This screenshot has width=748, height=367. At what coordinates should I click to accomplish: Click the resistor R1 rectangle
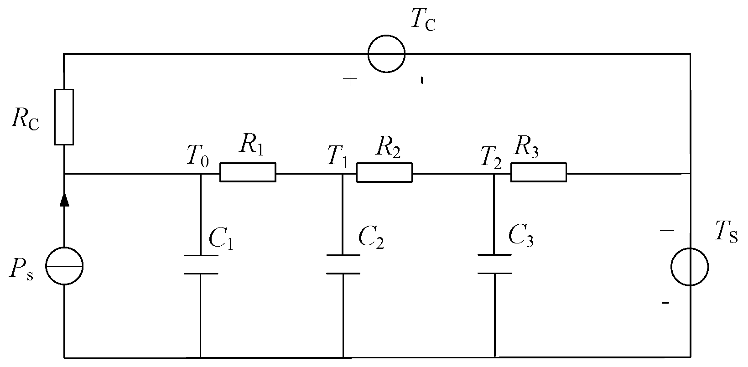[248, 172]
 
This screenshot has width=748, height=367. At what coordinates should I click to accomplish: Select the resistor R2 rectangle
[384, 172]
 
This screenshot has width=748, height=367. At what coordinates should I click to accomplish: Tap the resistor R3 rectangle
[538, 172]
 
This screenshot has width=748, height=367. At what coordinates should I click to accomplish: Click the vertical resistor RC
[64, 117]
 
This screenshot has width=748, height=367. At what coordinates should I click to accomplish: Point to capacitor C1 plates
[201, 264]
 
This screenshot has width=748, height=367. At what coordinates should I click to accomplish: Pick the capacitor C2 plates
[343, 264]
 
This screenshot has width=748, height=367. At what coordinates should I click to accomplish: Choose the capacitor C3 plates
[494, 264]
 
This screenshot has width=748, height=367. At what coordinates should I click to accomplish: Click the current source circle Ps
[64, 266]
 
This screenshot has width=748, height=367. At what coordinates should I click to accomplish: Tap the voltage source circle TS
[690, 267]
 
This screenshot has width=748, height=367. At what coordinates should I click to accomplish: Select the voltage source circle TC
[386, 53]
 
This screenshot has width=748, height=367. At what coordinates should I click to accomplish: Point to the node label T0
[197, 156]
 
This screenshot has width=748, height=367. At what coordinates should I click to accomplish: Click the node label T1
[338, 156]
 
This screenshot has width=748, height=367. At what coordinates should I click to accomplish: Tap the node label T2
[491, 156]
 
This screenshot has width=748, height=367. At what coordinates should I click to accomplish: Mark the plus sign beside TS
[667, 231]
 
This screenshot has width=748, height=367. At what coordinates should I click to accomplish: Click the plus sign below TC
[350, 80]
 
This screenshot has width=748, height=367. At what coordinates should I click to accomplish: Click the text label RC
[26, 119]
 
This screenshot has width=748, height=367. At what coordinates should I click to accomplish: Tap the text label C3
[521, 236]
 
